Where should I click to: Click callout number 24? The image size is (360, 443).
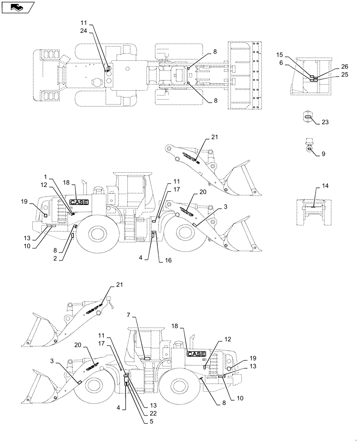tap(84, 31)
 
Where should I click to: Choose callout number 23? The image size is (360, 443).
tap(325, 121)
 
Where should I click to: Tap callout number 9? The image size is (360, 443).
tap(323, 154)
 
